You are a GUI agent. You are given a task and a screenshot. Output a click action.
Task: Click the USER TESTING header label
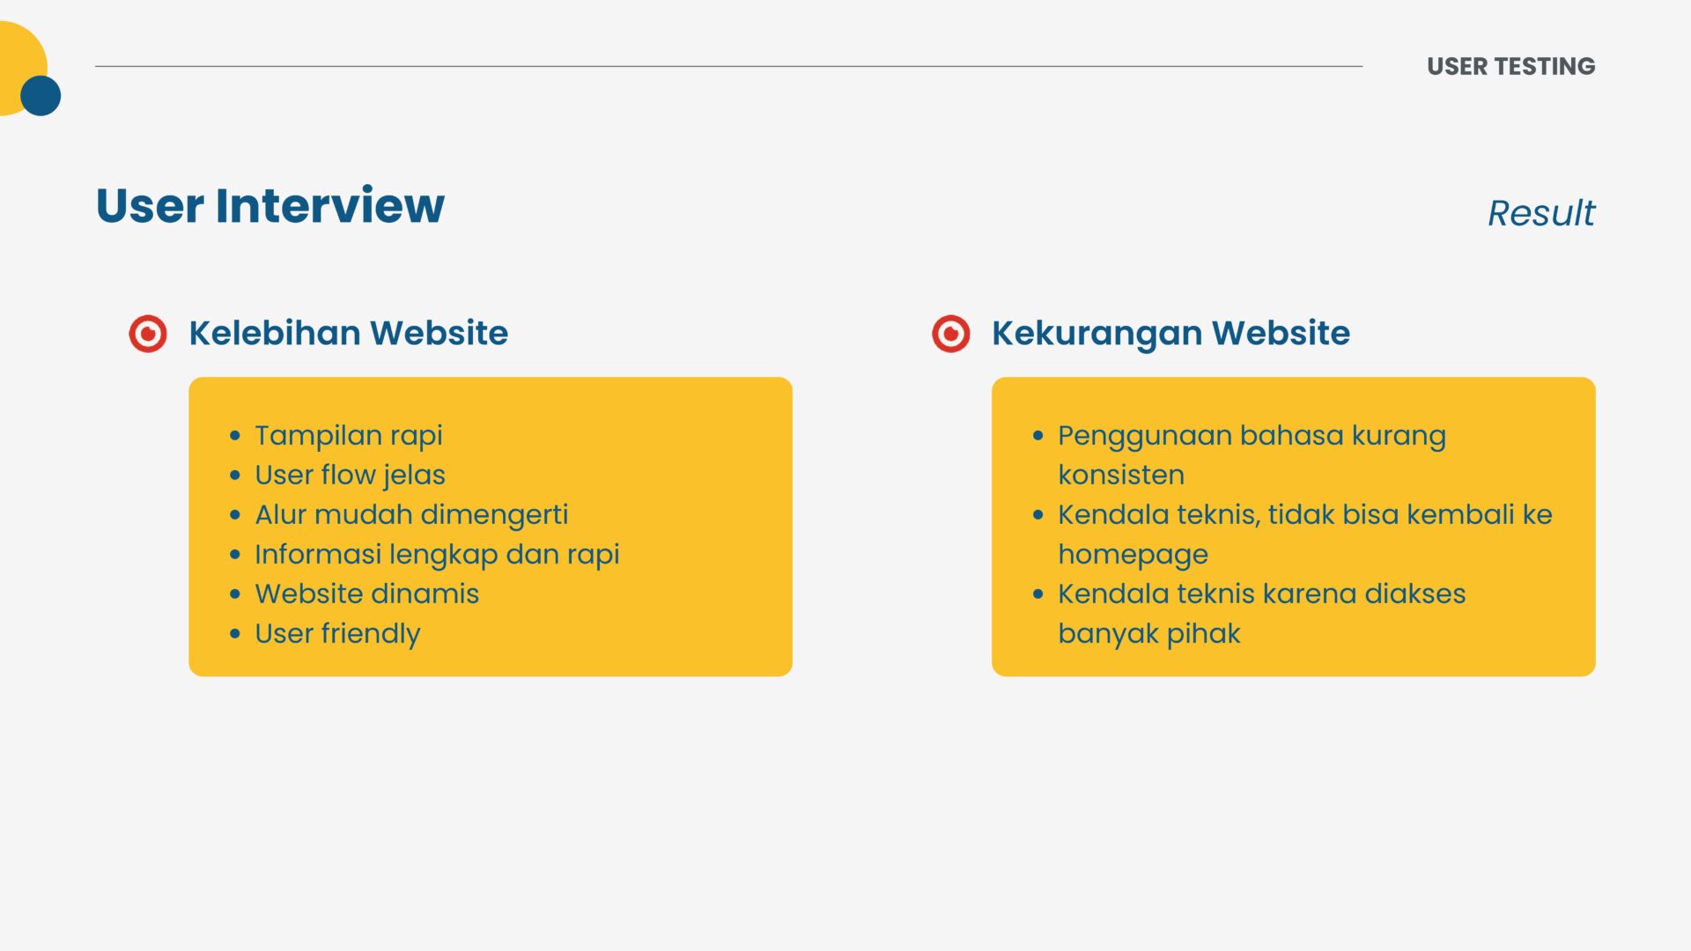click(1510, 66)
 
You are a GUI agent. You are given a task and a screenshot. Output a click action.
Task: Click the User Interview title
click(270, 205)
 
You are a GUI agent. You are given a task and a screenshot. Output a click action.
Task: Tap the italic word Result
click(1541, 213)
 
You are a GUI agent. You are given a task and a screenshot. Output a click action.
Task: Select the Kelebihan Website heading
click(349, 333)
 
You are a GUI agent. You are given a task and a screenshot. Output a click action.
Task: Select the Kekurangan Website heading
click(1170, 334)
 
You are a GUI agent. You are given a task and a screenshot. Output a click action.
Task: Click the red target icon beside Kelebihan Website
click(148, 334)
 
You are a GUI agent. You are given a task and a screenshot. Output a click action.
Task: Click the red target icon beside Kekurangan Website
click(951, 334)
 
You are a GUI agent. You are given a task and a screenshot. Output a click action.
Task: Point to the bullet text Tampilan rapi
click(349, 436)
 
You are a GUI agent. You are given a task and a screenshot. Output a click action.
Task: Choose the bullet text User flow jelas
click(350, 475)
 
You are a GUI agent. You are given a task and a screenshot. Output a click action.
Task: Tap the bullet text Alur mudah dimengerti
click(411, 514)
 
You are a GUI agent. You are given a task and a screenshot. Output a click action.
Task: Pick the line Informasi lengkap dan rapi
click(437, 554)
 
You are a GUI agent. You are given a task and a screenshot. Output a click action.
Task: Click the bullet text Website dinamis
click(366, 593)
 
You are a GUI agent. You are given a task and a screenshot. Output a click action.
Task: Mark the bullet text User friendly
click(337, 634)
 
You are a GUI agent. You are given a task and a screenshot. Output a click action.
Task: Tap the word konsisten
click(1121, 475)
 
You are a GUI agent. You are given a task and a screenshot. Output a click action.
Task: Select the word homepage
click(1133, 555)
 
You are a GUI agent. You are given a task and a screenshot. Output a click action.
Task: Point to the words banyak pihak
click(1149, 634)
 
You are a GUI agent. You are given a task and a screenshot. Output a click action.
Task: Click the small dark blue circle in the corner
click(41, 95)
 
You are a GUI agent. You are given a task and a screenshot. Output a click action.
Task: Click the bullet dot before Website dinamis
click(235, 594)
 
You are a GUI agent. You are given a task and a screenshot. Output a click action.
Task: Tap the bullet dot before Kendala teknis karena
click(1038, 594)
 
